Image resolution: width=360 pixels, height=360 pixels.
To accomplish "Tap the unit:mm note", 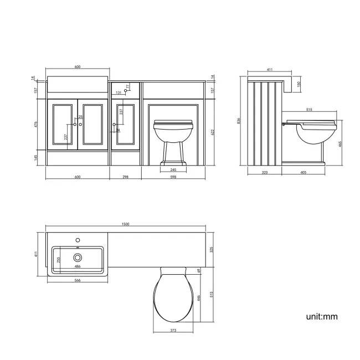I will [322, 317].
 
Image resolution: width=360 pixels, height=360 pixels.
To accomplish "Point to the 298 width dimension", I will [126, 177].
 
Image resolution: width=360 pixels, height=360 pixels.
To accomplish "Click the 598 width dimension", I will [174, 177].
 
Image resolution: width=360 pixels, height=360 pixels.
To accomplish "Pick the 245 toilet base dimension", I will [173, 169].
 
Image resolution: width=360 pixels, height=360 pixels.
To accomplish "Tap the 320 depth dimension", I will [264, 173].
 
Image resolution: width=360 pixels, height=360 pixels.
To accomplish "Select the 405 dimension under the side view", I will [303, 173].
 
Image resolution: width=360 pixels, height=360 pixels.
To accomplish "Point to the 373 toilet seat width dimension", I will [173, 331].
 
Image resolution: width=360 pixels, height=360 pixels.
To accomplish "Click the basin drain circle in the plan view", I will [78, 257].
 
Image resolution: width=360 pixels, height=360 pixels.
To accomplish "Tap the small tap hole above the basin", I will [78, 240].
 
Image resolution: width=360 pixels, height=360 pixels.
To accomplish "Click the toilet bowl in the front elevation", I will [173, 133].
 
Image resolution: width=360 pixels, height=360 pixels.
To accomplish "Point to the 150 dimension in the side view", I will [299, 84].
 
